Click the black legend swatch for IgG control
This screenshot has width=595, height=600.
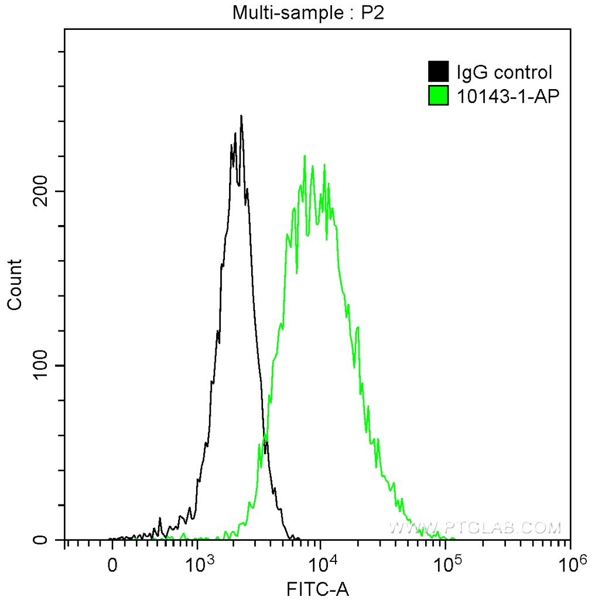[x=439, y=72]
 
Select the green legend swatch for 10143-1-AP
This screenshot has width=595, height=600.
[x=439, y=96]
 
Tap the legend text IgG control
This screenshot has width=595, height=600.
[x=504, y=73]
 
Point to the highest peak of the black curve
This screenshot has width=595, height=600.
[x=241, y=117]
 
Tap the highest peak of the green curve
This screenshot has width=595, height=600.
[x=305, y=156]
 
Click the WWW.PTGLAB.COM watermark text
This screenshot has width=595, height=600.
[x=475, y=527]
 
